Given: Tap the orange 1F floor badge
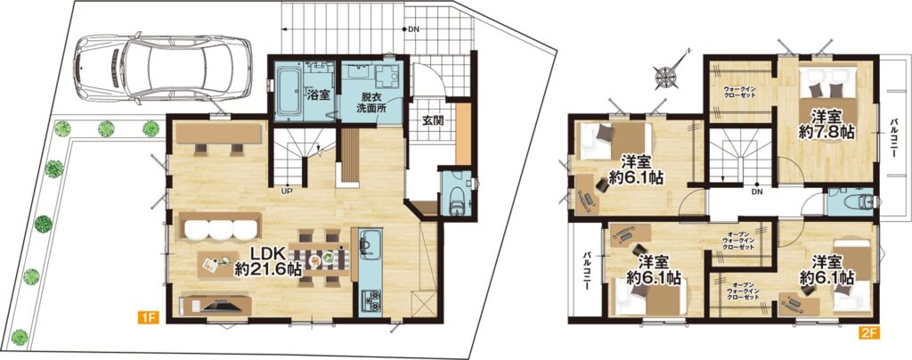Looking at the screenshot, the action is click(x=148, y=318).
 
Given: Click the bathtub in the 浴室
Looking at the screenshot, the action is click(x=289, y=91).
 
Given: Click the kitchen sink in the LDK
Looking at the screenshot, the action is click(x=368, y=245).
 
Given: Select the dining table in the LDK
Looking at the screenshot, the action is click(x=319, y=258).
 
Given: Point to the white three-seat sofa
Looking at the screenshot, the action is click(x=221, y=227).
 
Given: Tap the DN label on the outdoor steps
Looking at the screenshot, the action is click(x=413, y=29).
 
